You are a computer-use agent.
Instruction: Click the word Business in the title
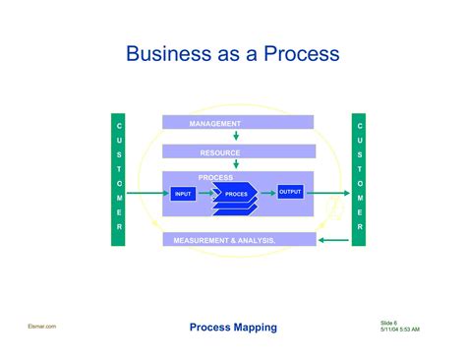(168, 54)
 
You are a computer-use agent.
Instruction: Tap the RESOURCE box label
(220, 152)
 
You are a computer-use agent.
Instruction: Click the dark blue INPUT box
(184, 194)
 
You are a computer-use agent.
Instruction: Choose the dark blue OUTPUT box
(290, 192)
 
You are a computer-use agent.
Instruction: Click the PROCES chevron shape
(236, 194)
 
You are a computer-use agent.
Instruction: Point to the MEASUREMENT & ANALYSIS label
(224, 240)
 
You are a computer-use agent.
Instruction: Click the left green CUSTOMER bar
(119, 180)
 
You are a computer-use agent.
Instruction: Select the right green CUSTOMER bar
(359, 180)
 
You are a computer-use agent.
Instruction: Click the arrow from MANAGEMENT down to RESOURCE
(236, 137)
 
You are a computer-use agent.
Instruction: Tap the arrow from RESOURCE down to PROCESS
(236, 164)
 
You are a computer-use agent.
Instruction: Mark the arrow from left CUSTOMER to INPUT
(147, 194)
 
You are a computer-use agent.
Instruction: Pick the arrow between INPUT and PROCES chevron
(205, 194)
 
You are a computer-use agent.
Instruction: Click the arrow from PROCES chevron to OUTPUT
(266, 193)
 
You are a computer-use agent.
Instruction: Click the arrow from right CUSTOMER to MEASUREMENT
(335, 239)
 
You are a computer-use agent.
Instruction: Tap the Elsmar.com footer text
(43, 326)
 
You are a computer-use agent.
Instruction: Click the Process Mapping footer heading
(233, 327)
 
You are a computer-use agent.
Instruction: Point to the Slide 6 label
(388, 322)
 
